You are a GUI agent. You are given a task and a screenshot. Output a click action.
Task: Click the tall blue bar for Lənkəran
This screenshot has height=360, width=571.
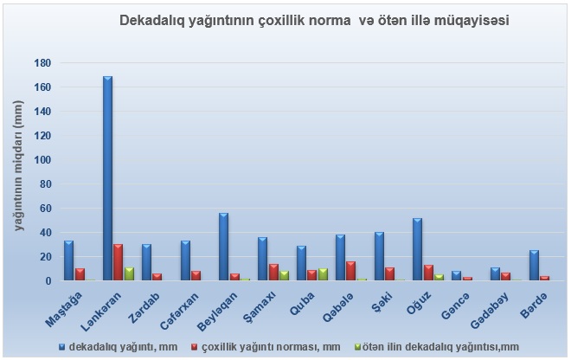(x=107, y=178)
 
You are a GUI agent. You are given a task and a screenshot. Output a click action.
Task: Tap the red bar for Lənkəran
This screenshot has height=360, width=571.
(x=118, y=262)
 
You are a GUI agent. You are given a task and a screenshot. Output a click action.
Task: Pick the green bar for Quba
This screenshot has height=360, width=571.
(x=324, y=274)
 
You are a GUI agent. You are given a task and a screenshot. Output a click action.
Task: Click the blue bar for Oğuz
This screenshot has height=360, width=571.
(x=417, y=249)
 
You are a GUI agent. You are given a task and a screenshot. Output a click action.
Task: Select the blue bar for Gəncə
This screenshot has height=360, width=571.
(x=456, y=276)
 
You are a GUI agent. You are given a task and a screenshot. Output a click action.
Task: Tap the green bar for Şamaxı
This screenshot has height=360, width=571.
(x=285, y=275)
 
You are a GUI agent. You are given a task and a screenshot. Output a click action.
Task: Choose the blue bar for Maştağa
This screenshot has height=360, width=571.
(x=68, y=260)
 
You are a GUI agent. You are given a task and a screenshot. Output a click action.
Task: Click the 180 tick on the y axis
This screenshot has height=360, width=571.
(x=42, y=63)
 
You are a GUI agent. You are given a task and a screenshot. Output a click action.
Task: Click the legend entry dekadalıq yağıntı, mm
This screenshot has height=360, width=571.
(x=111, y=346)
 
